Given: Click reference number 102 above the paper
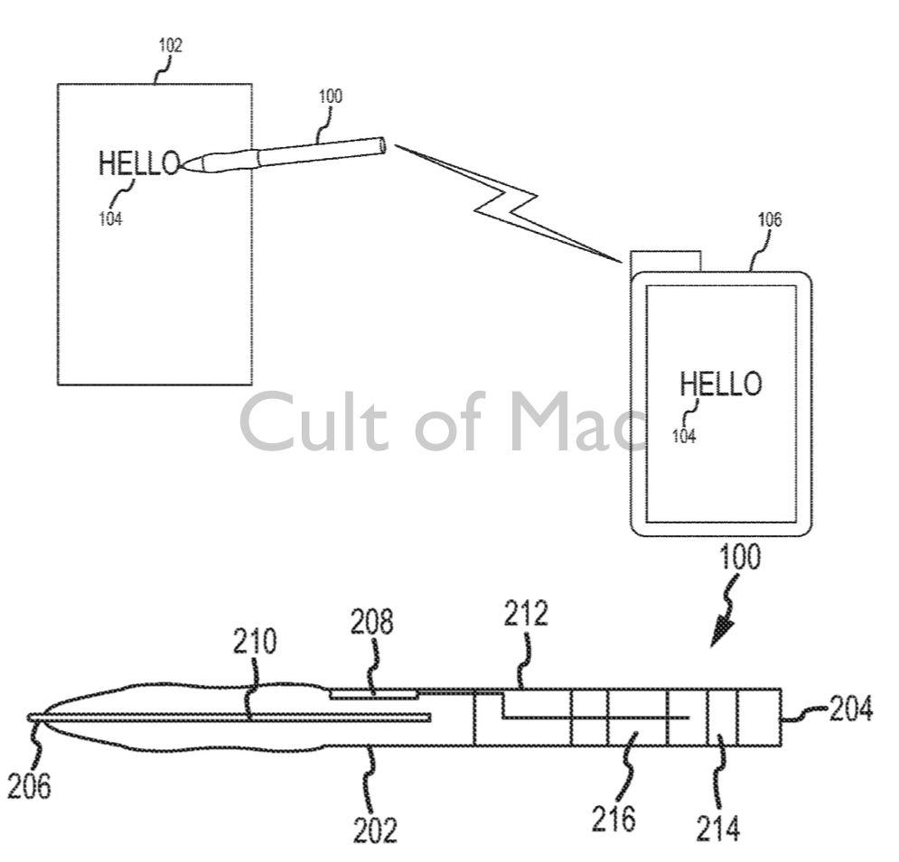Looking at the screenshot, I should [169, 46].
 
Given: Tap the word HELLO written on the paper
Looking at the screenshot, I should [139, 163].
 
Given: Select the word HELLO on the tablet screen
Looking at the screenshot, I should [720, 384].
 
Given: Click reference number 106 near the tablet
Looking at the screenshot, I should [770, 218].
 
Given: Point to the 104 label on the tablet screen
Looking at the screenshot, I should [684, 435].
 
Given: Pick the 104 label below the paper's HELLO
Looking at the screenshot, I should [110, 218].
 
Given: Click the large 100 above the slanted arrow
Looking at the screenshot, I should [738, 558].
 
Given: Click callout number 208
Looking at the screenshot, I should [372, 623].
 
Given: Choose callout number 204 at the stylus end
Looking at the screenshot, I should [850, 709].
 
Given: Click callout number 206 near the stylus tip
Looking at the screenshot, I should [29, 785].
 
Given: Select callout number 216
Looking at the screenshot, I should [614, 819].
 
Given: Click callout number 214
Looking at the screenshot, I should [719, 825].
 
